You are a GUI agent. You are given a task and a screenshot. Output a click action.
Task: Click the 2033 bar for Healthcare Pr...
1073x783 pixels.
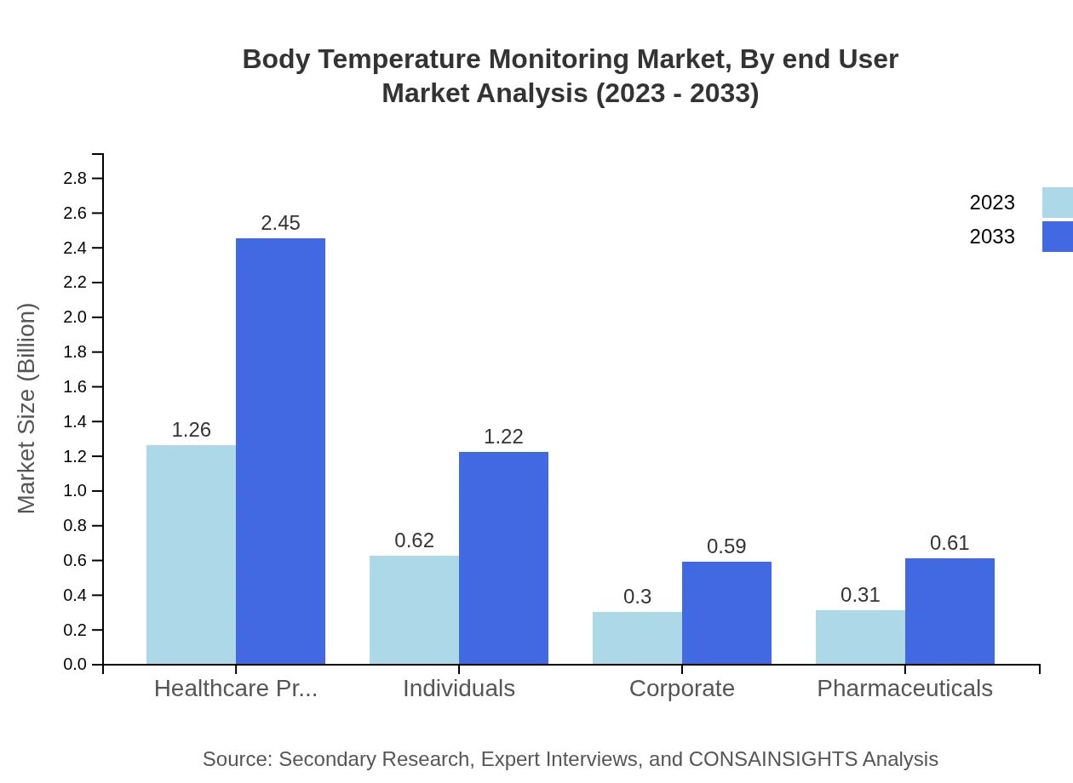pos(280,451)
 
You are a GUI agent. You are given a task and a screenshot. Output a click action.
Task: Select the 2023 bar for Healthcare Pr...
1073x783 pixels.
pos(191,554)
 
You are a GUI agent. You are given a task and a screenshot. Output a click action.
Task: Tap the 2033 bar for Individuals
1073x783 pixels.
pos(503,557)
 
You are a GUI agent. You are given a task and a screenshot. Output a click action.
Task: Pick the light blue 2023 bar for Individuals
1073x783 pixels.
pos(414,609)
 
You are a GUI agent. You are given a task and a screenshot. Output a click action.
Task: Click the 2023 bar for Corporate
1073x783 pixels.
pos(637,637)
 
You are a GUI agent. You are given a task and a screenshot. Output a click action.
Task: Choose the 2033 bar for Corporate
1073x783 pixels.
pos(726,613)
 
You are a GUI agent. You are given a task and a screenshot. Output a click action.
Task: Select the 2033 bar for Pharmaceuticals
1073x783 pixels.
pos(950,611)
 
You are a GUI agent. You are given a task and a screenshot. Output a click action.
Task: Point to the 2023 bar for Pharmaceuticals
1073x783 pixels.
pos(860,637)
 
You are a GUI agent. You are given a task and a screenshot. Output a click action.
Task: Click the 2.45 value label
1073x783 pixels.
pos(280,223)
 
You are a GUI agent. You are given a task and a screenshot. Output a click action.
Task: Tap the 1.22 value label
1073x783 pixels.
pos(503,437)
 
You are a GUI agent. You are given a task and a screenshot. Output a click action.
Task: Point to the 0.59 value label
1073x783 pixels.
pos(726,546)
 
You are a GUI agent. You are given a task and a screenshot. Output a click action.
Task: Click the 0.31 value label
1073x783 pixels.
pos(860,595)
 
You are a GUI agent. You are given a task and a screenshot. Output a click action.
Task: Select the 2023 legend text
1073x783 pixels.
pos(992,203)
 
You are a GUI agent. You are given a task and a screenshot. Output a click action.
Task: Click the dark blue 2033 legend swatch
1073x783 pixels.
pos(1057,237)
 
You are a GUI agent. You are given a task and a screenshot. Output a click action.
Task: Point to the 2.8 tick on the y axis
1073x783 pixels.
pos(75,179)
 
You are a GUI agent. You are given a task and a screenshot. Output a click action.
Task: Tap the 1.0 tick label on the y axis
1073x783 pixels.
pos(75,491)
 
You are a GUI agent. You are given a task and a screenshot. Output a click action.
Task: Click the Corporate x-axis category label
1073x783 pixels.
pos(681,688)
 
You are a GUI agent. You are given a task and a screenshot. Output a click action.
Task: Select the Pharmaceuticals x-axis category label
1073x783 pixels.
pos(904,688)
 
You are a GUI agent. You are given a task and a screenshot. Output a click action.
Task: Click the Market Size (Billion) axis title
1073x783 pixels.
pos(27,409)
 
